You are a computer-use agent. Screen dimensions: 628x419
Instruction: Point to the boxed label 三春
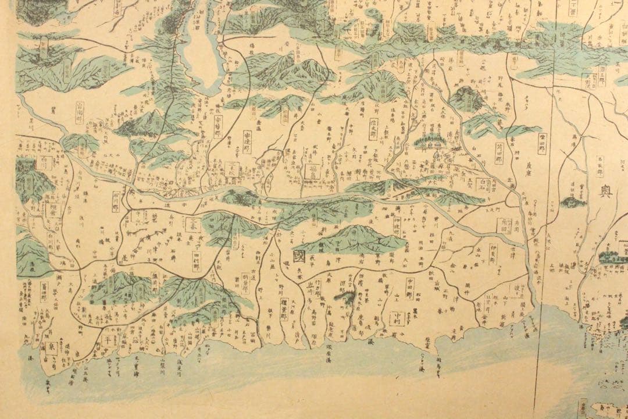[x=194, y=222]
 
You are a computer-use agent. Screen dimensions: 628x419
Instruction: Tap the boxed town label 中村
[x=395, y=318]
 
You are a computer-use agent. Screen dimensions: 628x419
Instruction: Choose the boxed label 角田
[x=504, y=225]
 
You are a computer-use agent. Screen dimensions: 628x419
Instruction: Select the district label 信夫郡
[x=373, y=127]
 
